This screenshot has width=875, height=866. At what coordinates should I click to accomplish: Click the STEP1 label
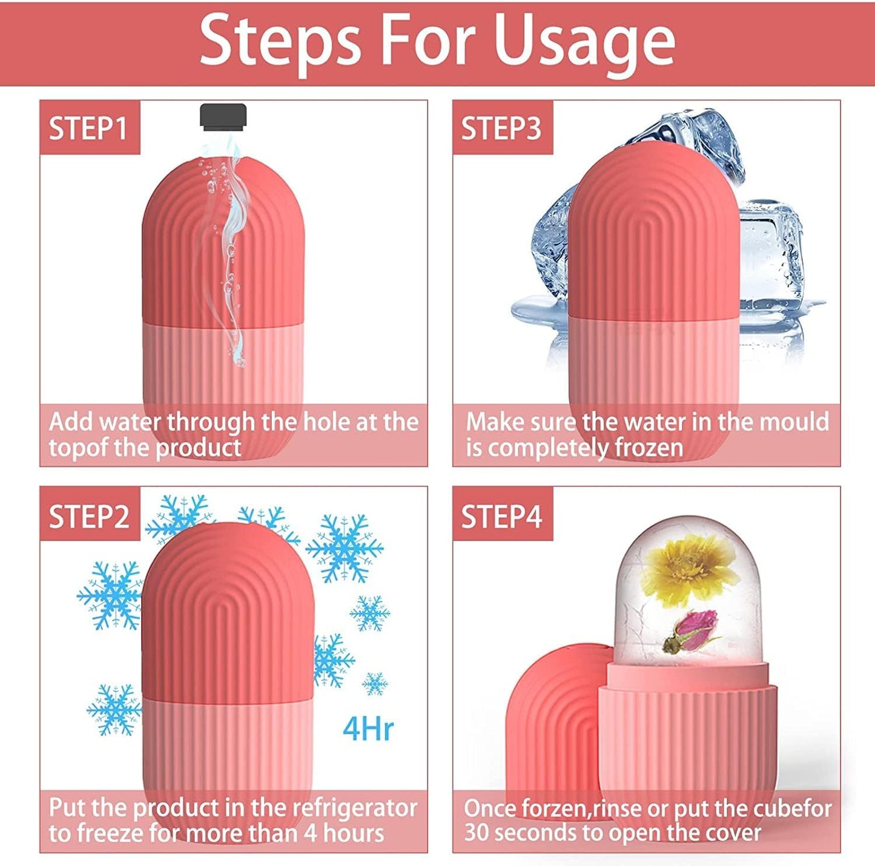pyautogui.click(x=88, y=128)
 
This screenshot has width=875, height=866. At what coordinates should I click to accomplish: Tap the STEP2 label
pyautogui.click(x=89, y=517)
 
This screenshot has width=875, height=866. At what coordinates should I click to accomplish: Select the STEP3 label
pyautogui.click(x=501, y=128)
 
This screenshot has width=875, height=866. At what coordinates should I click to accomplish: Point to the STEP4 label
pyautogui.click(x=501, y=517)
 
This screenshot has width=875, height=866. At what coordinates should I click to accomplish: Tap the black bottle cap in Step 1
pyautogui.click(x=223, y=117)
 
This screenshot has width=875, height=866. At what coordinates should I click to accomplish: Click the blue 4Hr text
pyautogui.click(x=368, y=729)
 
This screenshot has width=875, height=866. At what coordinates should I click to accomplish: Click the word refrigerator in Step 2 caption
pyautogui.click(x=355, y=808)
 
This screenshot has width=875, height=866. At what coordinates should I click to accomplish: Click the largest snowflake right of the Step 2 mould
pyautogui.click(x=345, y=548)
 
